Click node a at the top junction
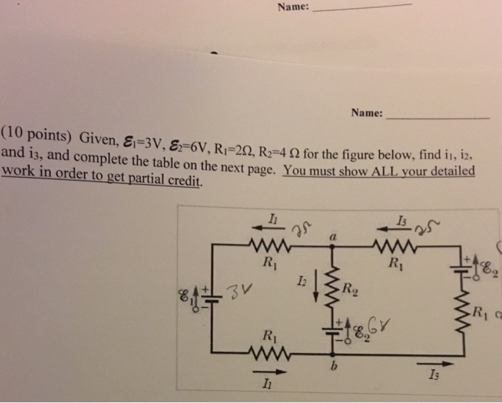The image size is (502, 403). tap(333, 235)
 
